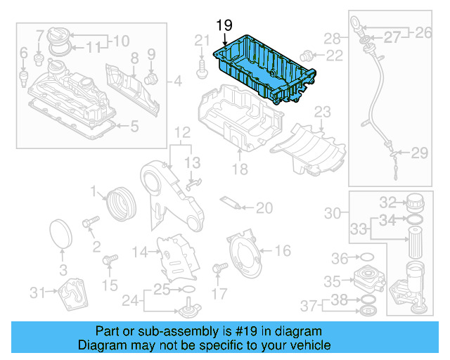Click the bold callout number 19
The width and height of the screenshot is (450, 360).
click(224, 25)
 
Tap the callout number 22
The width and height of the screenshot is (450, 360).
click(335, 56)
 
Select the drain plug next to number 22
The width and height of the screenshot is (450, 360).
click(307, 55)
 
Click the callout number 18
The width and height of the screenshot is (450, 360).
click(240, 169)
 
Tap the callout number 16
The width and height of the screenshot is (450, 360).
click(282, 250)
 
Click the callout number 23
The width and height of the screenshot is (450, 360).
click(322, 112)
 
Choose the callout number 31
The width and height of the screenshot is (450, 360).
click(37, 292)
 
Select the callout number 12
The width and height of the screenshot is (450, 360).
click(182, 131)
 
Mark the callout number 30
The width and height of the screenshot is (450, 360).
click(333, 212)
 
